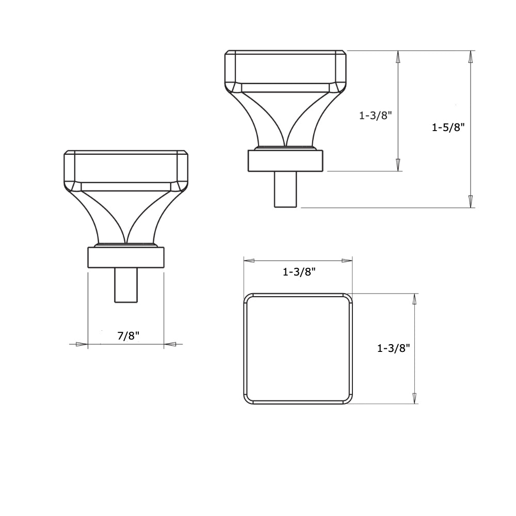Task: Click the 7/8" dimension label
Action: pos(128,336)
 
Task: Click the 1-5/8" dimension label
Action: pos(448,127)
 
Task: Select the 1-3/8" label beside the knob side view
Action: pos(376,116)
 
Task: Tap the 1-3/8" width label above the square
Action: pos(299,272)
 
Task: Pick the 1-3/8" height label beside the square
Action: pos(393,348)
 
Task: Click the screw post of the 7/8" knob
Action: pos(126,285)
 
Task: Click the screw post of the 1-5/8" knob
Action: pos(285,189)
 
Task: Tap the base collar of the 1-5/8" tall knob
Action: pos(285,160)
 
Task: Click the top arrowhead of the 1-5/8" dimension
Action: pos(470,57)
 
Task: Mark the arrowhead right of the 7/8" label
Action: pos(170,344)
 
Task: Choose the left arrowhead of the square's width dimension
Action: pos(249,261)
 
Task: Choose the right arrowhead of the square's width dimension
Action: pos(346,261)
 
